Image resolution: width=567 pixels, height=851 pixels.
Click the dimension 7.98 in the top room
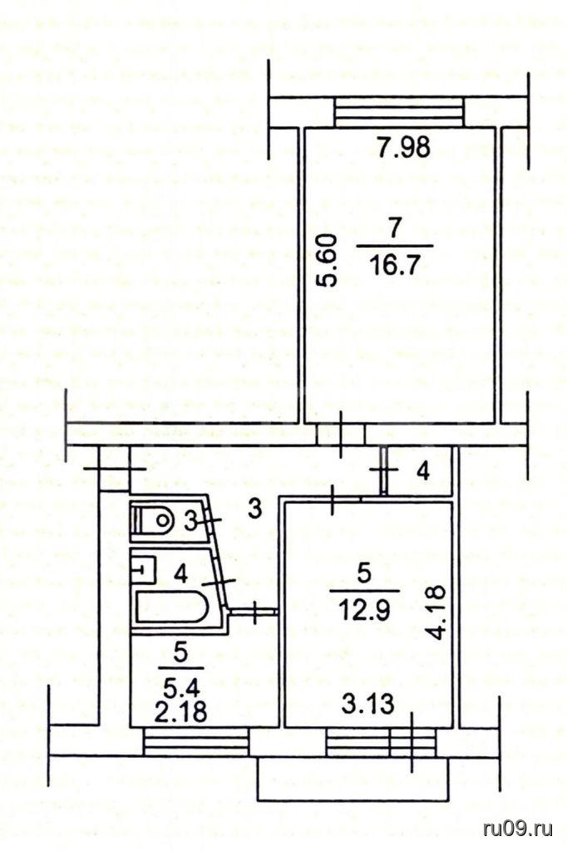click(x=404, y=146)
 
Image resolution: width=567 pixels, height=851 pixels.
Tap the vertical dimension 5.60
click(x=328, y=261)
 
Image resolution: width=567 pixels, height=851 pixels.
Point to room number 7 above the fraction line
click(x=394, y=228)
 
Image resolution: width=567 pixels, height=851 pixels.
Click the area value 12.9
click(x=364, y=612)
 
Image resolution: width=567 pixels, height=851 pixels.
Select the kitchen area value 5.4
click(x=182, y=687)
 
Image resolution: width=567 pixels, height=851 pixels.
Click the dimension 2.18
click(x=180, y=711)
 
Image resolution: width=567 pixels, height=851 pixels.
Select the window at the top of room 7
click(x=399, y=112)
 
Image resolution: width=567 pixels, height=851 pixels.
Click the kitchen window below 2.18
click(x=196, y=741)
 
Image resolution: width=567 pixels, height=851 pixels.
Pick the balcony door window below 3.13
click(x=382, y=741)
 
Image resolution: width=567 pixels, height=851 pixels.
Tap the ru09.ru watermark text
click(x=518, y=829)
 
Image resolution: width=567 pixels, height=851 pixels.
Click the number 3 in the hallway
click(x=255, y=509)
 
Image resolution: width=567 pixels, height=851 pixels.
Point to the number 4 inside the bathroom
click(x=182, y=573)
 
